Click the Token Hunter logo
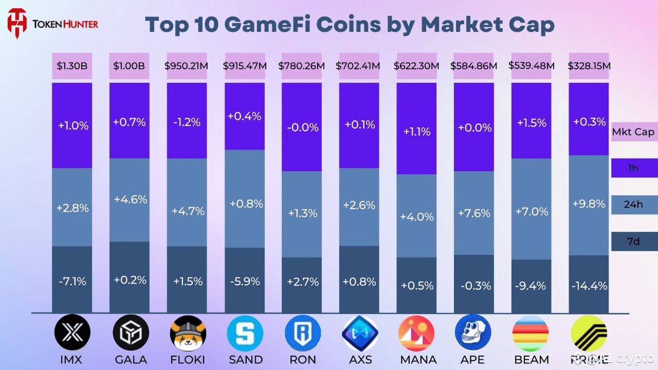tap(51, 24)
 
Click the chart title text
tap(350, 24)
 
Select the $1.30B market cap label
tap(72, 66)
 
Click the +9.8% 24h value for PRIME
tap(588, 203)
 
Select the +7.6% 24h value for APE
tap(473, 213)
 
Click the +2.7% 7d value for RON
tap(303, 282)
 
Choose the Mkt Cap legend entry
tap(633, 132)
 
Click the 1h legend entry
tap(633, 168)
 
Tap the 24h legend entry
tap(633, 204)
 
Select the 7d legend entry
tap(633, 240)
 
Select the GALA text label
tap(130, 359)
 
